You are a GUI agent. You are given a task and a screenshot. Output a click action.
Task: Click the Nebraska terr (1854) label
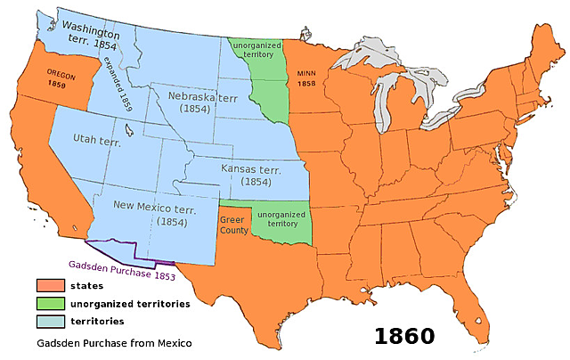pyautogui.click(x=192, y=99)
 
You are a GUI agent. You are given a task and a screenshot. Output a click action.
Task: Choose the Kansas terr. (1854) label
pyautogui.click(x=241, y=173)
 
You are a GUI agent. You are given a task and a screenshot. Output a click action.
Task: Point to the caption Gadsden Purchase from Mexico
pyautogui.click(x=114, y=342)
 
